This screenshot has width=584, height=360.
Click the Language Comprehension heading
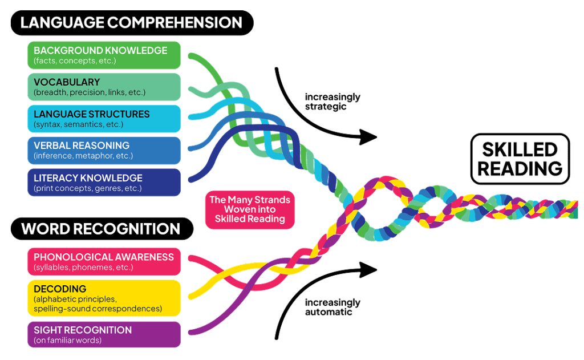131,23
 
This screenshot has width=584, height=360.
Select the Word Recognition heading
100,229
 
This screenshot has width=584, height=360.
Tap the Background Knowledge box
104,55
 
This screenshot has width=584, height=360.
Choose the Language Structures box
104,119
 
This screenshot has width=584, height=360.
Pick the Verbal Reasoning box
104,150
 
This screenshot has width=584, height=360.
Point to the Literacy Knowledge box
104,182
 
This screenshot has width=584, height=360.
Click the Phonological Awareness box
104,261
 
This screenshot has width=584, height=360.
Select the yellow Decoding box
104,298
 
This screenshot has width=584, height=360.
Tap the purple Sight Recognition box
104,334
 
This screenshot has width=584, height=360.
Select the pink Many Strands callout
250,209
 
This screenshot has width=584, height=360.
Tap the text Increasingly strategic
332,102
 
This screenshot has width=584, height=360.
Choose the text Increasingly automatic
332,307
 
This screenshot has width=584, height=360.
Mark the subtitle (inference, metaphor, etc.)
83,156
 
